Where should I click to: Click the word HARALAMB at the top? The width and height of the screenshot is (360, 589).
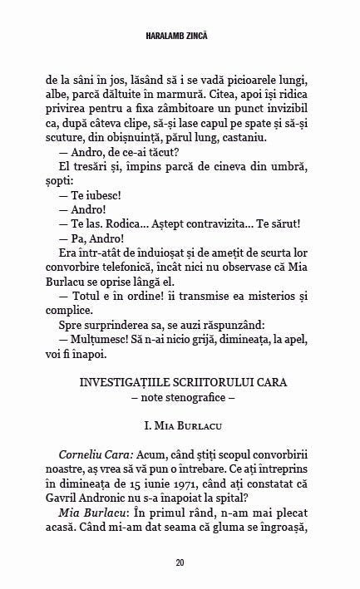167,38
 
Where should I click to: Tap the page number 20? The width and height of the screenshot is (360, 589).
180,562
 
